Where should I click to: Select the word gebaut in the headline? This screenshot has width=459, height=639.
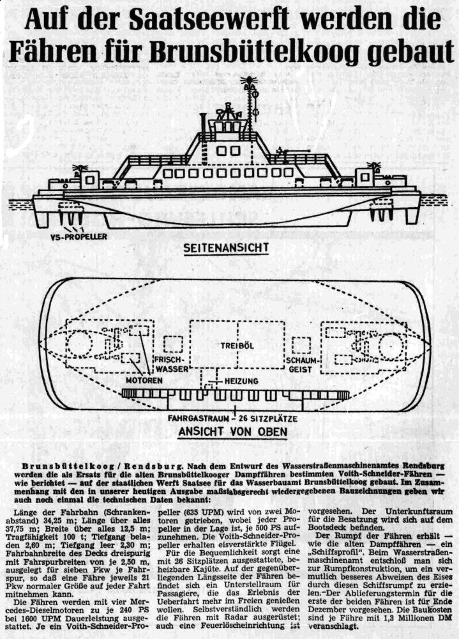pos(408,52)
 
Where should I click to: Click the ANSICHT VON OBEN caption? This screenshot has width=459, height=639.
pos(232,431)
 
